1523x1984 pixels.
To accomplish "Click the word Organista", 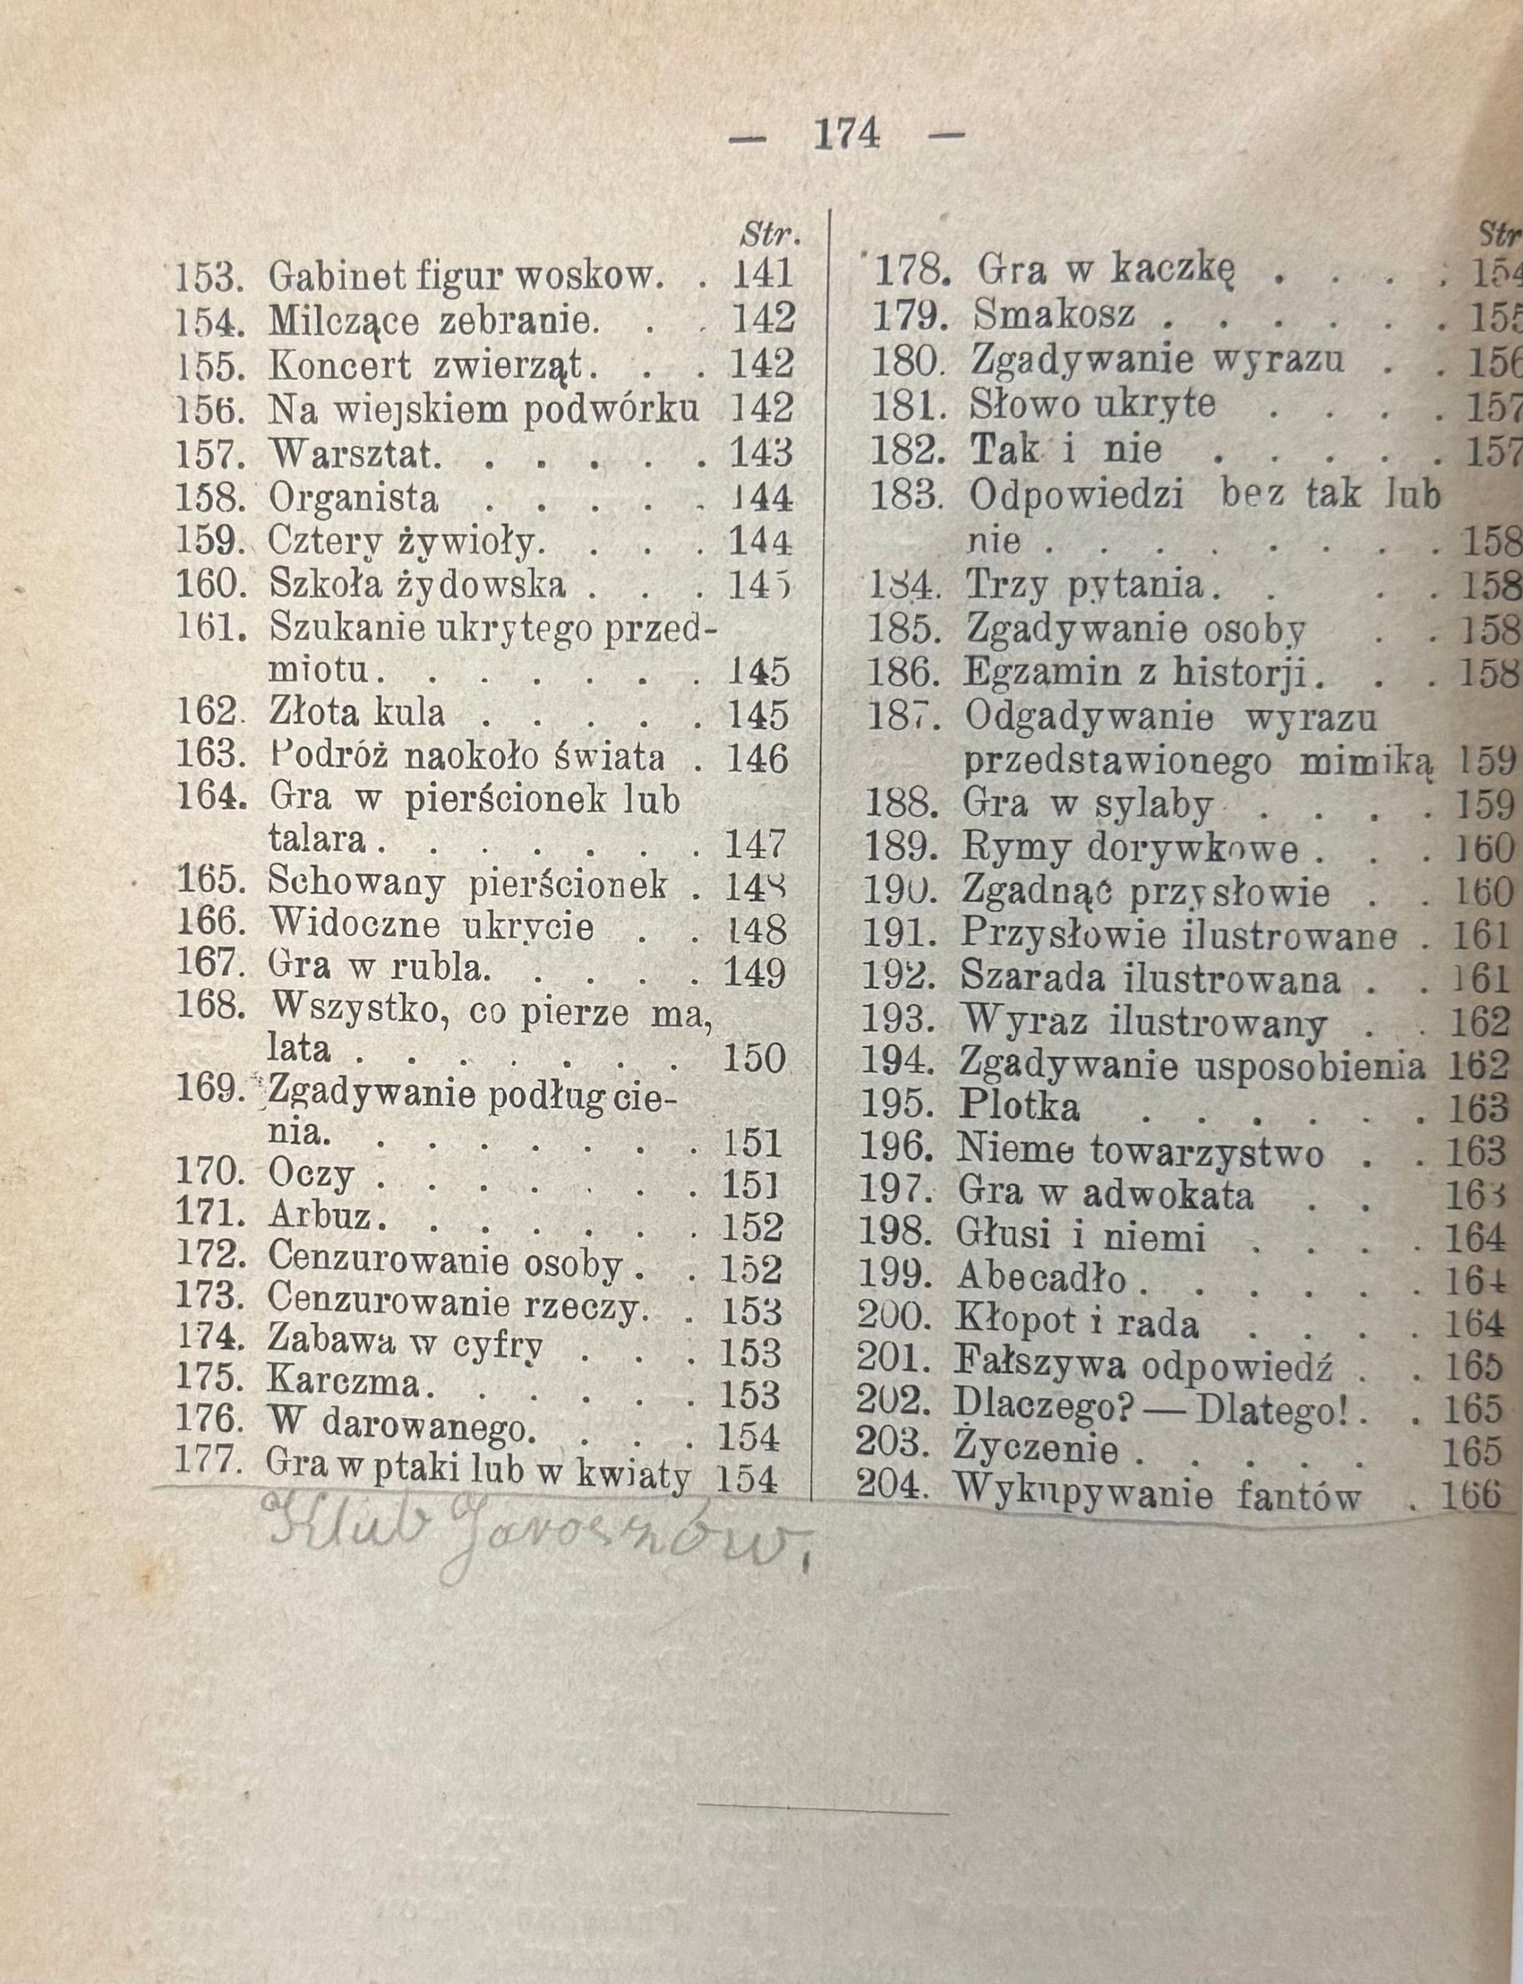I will click(x=354, y=500).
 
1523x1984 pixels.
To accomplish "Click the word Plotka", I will click(x=1019, y=1107).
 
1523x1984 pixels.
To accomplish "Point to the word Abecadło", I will click(x=1040, y=1279).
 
